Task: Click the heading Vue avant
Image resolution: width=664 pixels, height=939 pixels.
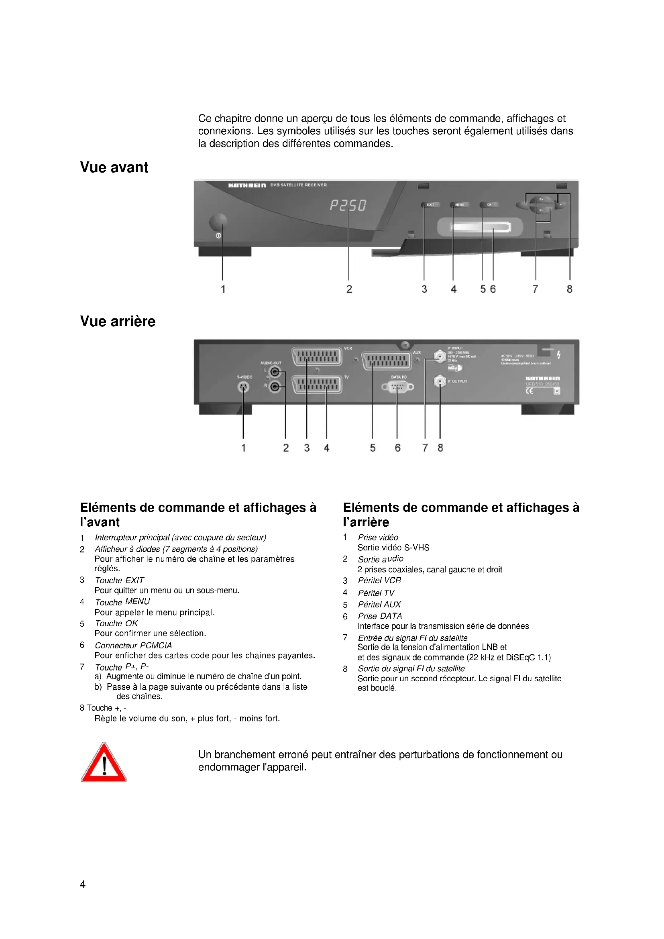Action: tap(114, 167)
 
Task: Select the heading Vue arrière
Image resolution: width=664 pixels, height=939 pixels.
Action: tap(118, 321)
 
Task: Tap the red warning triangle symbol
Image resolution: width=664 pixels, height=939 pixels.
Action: tap(104, 764)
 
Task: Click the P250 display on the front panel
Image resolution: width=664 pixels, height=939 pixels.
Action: tap(348, 205)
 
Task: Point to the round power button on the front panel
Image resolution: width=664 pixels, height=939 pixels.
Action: tap(218, 222)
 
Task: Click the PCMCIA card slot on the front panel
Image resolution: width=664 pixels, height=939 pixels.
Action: tap(481, 227)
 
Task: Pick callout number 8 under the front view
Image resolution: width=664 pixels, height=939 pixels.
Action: tap(569, 289)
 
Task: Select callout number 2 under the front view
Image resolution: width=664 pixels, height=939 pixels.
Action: tap(349, 289)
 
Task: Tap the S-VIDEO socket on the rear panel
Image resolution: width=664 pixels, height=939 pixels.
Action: tap(244, 387)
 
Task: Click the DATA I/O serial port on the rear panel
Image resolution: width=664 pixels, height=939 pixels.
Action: tap(397, 387)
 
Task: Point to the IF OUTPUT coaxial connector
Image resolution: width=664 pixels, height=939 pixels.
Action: tap(440, 381)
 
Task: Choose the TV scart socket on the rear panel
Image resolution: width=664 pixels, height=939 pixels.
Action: tap(317, 385)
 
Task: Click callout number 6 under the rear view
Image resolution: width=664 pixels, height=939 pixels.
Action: tap(397, 448)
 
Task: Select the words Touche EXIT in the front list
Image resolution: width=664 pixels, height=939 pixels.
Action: tap(119, 581)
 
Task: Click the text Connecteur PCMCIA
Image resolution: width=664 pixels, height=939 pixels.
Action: tap(133, 646)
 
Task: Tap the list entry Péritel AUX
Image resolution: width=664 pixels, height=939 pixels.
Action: tap(379, 605)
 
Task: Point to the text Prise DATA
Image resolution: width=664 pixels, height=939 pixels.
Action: tap(380, 616)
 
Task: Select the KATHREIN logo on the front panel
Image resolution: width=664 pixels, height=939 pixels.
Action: tap(247, 185)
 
